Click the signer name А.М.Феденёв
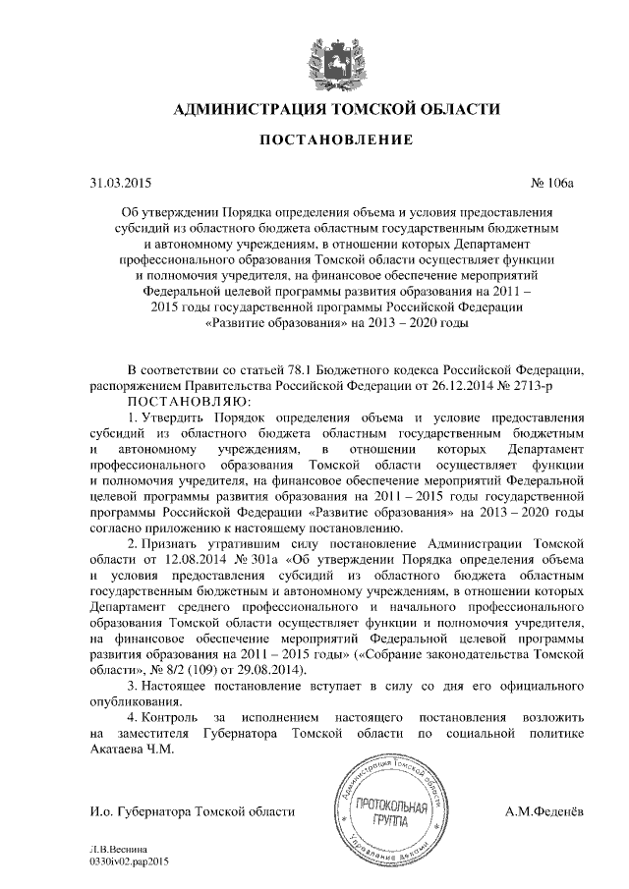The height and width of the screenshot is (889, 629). tap(544, 811)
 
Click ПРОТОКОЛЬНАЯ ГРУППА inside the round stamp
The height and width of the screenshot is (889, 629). tap(392, 812)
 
